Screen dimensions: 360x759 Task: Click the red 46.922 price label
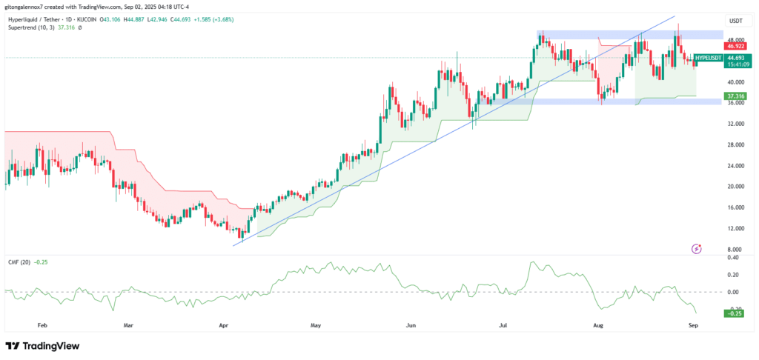[735, 46]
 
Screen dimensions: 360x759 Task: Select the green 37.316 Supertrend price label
[735, 96]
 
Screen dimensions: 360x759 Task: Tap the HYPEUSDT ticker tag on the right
[709, 57]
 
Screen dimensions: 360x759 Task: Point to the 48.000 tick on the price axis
[735, 40]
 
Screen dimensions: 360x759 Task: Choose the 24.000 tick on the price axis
[735, 165]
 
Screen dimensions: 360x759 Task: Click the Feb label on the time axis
[42, 325]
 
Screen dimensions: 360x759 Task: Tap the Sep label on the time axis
[693, 325]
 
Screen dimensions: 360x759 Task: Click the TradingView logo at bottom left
[43, 346]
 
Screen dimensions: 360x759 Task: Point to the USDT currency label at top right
[735, 21]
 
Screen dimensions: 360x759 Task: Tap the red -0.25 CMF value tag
[735, 313]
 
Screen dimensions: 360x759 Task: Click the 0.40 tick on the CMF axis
[735, 257]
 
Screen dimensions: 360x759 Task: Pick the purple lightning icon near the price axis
[696, 248]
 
